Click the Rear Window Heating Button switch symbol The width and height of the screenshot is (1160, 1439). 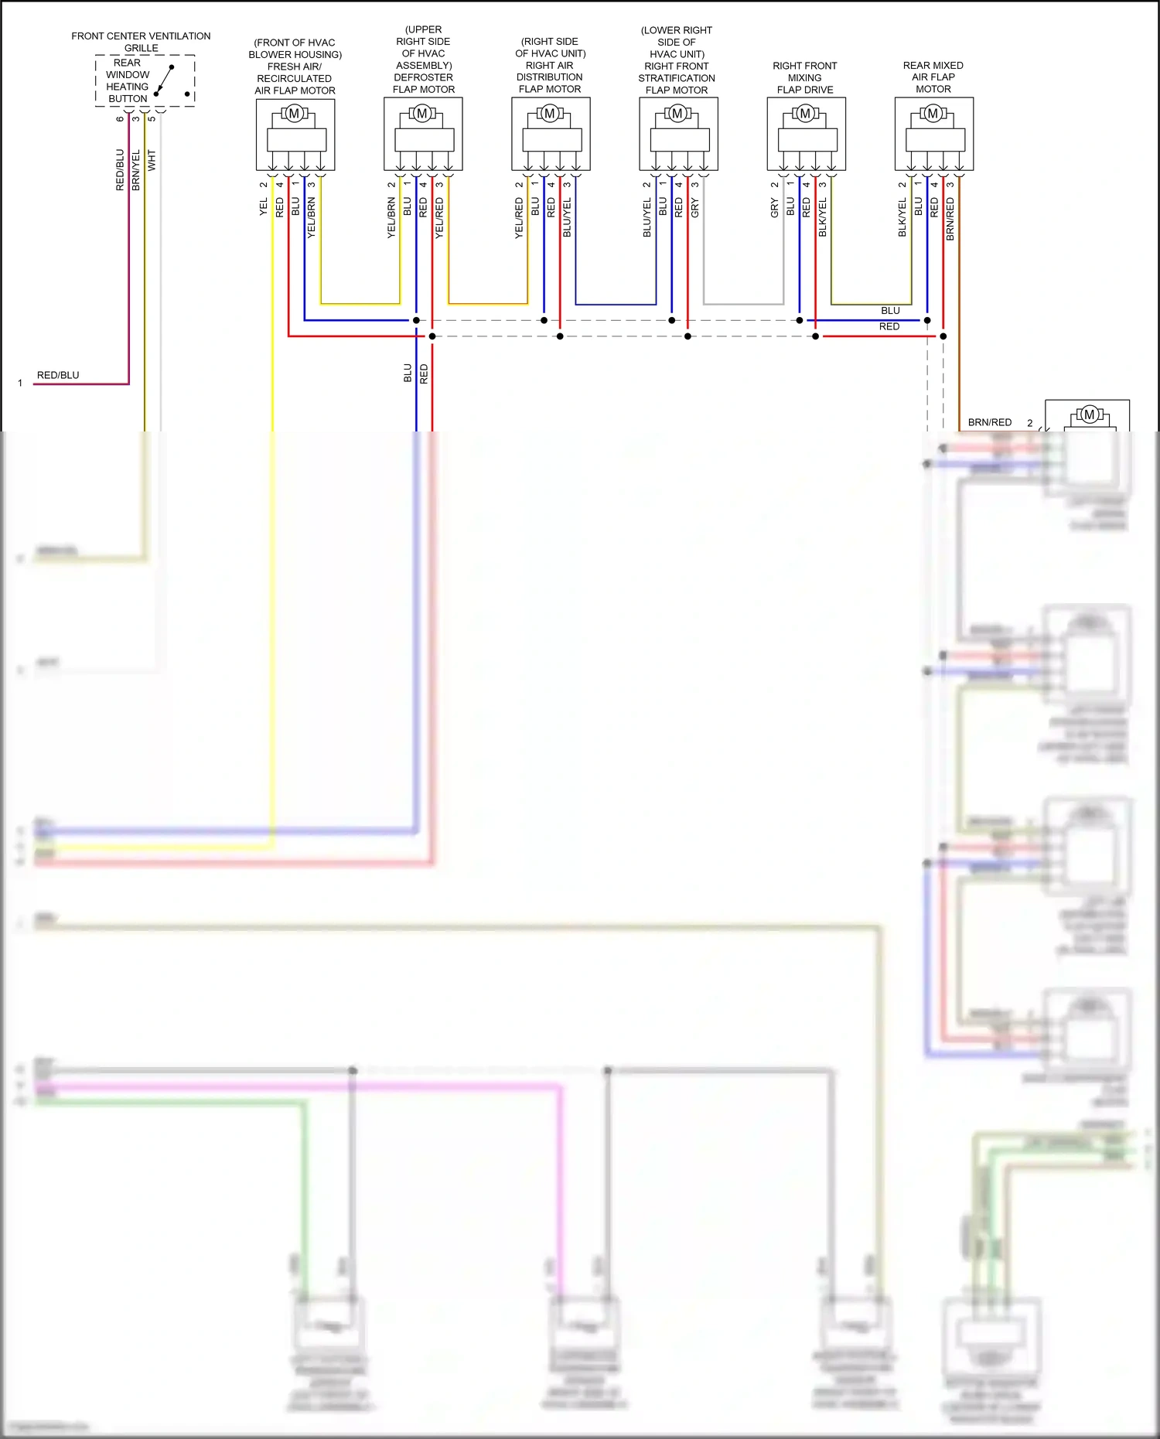pyautogui.click(x=164, y=80)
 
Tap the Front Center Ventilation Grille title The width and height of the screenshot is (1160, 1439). pyautogui.click(x=141, y=42)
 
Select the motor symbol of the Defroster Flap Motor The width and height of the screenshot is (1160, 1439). pyautogui.click(x=422, y=114)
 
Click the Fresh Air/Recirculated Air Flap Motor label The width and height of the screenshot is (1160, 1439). pyautogui.click(x=295, y=66)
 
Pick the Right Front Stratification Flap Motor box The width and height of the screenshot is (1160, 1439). pyautogui.click(x=678, y=134)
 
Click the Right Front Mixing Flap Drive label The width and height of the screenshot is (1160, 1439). pyautogui.click(x=805, y=77)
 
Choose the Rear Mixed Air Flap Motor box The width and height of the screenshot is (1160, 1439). pyautogui.click(x=933, y=134)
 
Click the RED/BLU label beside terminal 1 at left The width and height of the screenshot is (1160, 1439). pyautogui.click(x=58, y=375)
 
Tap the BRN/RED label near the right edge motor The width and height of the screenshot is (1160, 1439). pyautogui.click(x=989, y=422)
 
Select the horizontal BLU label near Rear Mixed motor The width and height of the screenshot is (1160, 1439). pyautogui.click(x=890, y=310)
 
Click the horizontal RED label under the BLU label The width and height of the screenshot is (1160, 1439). pyautogui.click(x=889, y=326)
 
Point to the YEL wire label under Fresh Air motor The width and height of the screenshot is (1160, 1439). pyautogui.click(x=264, y=206)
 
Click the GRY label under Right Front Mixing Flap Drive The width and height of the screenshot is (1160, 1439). pyautogui.click(x=774, y=207)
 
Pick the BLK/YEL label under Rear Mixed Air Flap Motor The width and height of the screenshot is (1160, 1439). pyautogui.click(x=902, y=217)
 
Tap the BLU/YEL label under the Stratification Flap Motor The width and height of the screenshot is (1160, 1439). pyautogui.click(x=647, y=217)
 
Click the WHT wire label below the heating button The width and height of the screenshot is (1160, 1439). pyautogui.click(x=152, y=160)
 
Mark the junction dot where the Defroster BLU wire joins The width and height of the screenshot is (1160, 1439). pyautogui.click(x=416, y=320)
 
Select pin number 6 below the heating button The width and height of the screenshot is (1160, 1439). pyautogui.click(x=120, y=118)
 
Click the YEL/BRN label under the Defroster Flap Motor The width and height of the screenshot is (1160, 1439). pyautogui.click(x=391, y=217)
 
